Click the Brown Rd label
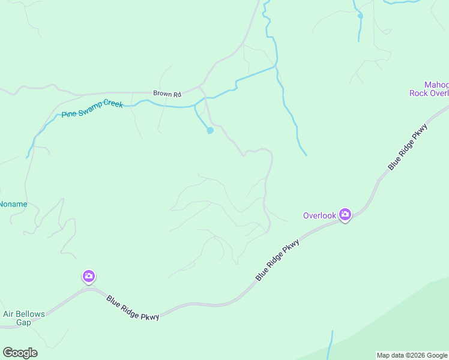(167, 94)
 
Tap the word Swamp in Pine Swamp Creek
(89, 109)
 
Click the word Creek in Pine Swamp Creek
(113, 104)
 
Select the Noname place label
(13, 204)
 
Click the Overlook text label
(319, 215)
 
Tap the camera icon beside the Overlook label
(345, 214)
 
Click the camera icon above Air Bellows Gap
(88, 276)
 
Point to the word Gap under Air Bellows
(23, 322)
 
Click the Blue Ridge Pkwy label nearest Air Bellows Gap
(133, 308)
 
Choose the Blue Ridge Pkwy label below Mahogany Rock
(408, 147)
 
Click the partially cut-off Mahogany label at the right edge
(436, 85)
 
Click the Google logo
(20, 353)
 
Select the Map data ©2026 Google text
(412, 355)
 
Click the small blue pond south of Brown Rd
(209, 130)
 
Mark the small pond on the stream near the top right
(360, 16)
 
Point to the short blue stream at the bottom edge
(331, 345)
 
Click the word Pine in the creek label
(68, 113)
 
